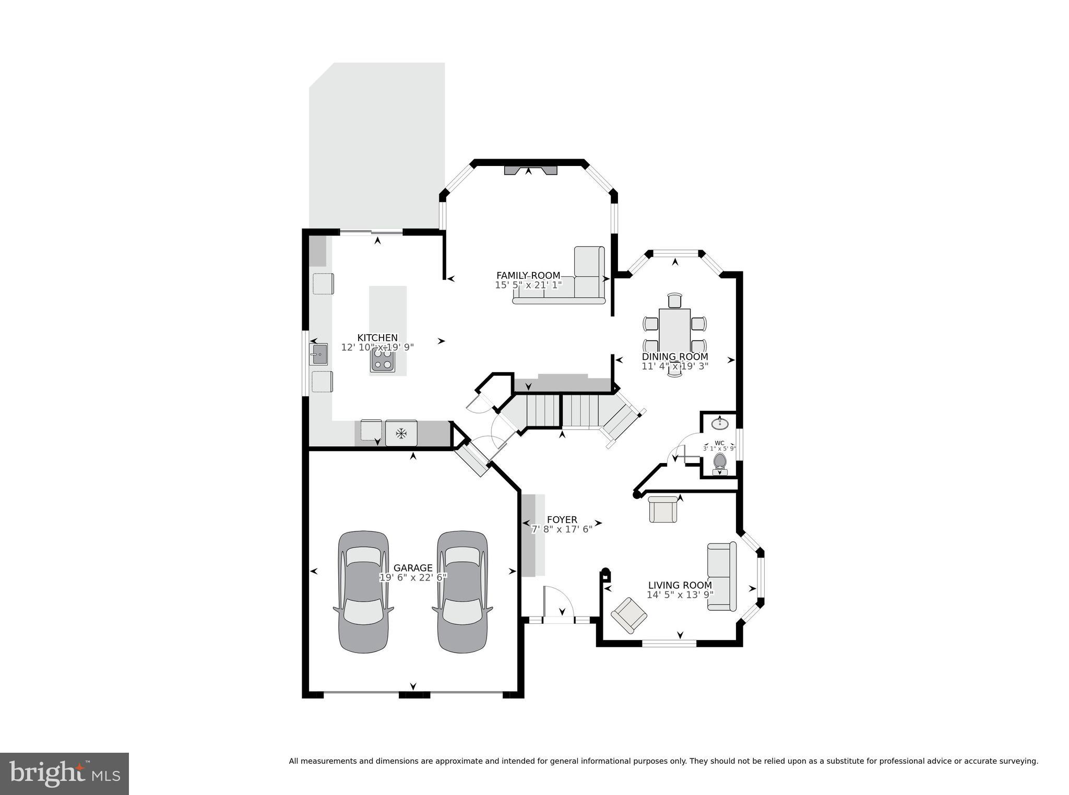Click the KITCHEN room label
[377, 338]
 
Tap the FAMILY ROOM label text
[528, 276]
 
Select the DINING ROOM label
[675, 357]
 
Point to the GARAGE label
[413, 568]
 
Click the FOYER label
[562, 520]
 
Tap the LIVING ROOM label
[680, 586]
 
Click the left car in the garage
[364, 592]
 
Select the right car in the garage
[462, 592]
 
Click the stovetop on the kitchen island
[383, 360]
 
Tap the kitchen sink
[318, 354]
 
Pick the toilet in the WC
[720, 463]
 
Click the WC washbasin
[720, 422]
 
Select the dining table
[675, 335]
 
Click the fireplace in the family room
[530, 170]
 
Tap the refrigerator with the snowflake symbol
[401, 433]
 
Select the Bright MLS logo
[64, 774]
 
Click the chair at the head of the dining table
[675, 301]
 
